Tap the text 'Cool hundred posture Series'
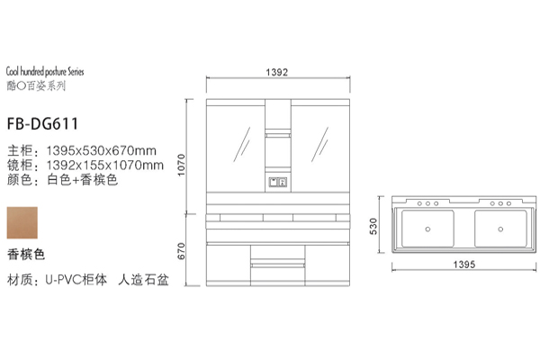point(44,68)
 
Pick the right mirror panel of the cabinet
point(317,144)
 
